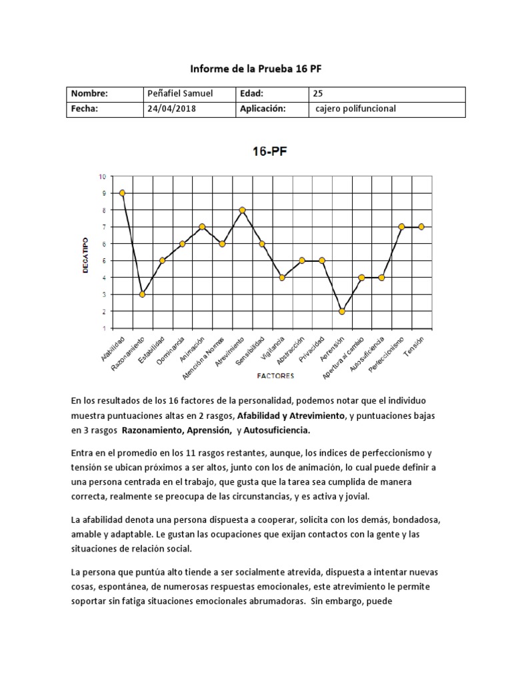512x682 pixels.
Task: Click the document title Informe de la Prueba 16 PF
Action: point(257,69)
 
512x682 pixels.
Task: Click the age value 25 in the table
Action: point(317,95)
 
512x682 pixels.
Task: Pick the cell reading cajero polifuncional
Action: point(355,109)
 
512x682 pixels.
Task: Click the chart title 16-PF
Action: point(269,151)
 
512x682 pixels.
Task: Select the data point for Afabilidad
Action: point(122,193)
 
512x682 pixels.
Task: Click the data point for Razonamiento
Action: point(142,294)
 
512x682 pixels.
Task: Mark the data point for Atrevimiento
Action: point(242,210)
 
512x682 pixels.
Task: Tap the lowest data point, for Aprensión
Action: point(341,311)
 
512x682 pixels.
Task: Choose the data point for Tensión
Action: point(421,226)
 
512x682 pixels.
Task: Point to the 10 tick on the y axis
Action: point(102,176)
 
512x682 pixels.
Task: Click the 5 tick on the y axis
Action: point(103,260)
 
